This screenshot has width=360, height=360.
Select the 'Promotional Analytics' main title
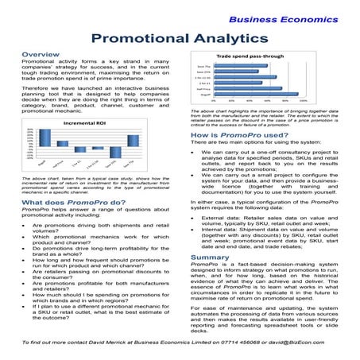click(x=180, y=37)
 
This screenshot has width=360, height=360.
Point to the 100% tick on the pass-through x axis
click(x=307, y=102)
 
